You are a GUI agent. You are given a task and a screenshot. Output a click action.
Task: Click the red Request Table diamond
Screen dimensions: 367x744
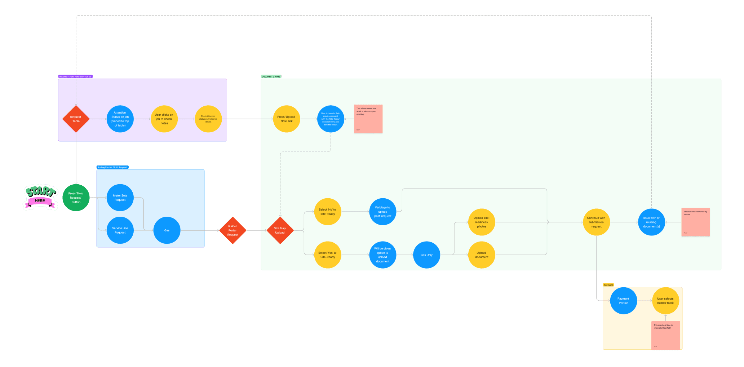coord(76,119)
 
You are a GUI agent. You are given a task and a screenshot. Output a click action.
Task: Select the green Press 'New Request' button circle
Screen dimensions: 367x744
coord(76,198)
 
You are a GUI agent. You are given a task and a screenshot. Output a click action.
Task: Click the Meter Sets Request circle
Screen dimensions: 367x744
coord(120,198)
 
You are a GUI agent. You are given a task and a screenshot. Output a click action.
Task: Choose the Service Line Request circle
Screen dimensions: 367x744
coord(120,230)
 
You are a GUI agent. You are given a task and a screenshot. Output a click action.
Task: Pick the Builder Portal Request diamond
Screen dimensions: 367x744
coord(232,230)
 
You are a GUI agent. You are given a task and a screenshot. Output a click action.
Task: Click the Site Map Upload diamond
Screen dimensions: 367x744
coord(280,230)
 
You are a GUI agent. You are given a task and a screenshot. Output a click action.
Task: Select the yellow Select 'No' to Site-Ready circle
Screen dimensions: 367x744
coord(328,212)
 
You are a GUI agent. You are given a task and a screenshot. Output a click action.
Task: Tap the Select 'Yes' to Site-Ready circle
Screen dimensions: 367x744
coord(328,255)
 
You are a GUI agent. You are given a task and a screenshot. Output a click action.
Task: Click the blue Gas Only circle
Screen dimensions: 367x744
coord(426,255)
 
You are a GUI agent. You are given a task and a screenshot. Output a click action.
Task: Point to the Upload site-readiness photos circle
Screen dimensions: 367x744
coord(482,222)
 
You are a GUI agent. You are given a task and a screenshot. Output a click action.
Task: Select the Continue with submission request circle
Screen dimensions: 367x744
coord(596,222)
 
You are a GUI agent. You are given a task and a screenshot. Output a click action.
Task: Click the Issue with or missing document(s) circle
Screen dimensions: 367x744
coord(651,222)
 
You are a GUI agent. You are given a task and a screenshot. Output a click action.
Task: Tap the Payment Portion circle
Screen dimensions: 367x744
coord(623,301)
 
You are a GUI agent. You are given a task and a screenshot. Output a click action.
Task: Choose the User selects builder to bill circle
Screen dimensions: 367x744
coord(665,301)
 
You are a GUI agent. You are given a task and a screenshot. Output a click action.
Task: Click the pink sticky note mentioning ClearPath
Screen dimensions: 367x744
coord(665,335)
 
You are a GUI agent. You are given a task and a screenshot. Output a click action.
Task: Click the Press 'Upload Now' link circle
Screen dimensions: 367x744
coord(286,119)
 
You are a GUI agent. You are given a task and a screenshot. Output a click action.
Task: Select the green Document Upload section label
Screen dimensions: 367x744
coord(271,76)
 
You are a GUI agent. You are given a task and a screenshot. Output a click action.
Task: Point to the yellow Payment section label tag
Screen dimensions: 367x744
coord(608,285)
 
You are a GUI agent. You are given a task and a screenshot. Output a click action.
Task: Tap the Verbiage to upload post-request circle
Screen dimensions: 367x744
coord(382,212)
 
